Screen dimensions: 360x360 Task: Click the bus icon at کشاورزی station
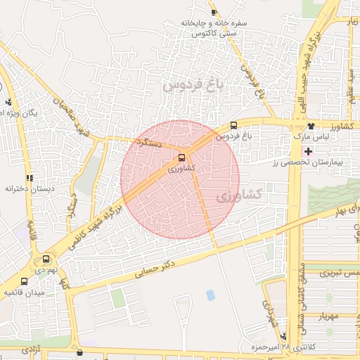[182, 157]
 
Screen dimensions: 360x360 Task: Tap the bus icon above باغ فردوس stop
[233, 125]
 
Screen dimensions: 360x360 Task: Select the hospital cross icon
[307, 151]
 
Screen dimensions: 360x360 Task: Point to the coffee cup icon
[214, 11]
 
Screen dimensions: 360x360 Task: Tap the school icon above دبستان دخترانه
[29, 178]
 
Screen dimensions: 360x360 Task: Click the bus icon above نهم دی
[46, 258]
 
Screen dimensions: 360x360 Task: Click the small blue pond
[210, 295]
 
